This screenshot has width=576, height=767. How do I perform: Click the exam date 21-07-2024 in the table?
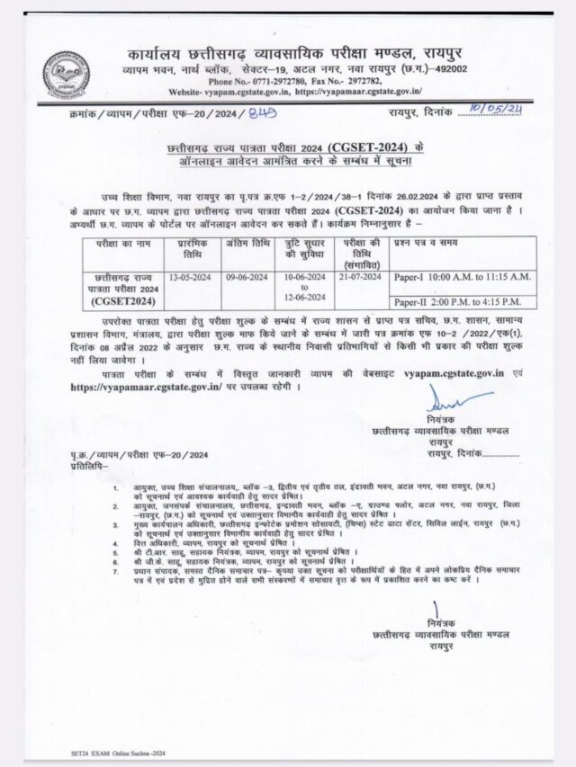coord(361,278)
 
